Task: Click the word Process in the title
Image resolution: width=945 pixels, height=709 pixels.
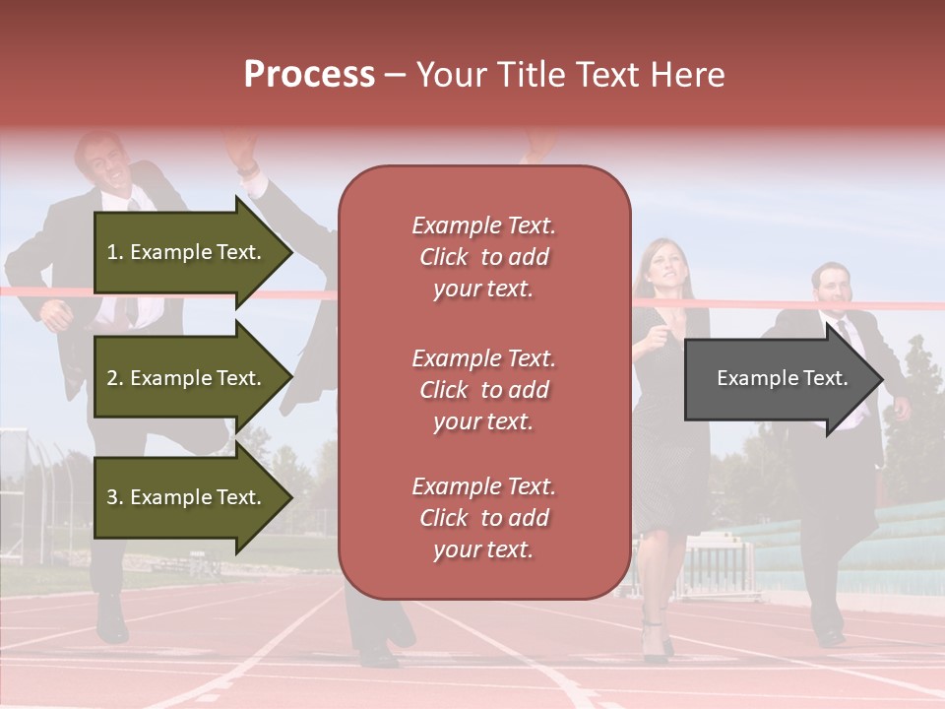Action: pos(309,75)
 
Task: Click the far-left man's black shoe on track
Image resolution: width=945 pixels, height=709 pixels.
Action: pos(111,620)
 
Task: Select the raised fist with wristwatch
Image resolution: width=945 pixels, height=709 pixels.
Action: pos(243,158)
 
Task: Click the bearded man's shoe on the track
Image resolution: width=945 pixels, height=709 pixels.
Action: pos(830,635)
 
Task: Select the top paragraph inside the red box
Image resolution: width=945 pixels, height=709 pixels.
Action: pos(484,257)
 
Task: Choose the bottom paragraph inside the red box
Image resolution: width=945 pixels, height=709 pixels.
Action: pos(484,518)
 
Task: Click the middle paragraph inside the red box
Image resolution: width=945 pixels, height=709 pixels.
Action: pos(484,390)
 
